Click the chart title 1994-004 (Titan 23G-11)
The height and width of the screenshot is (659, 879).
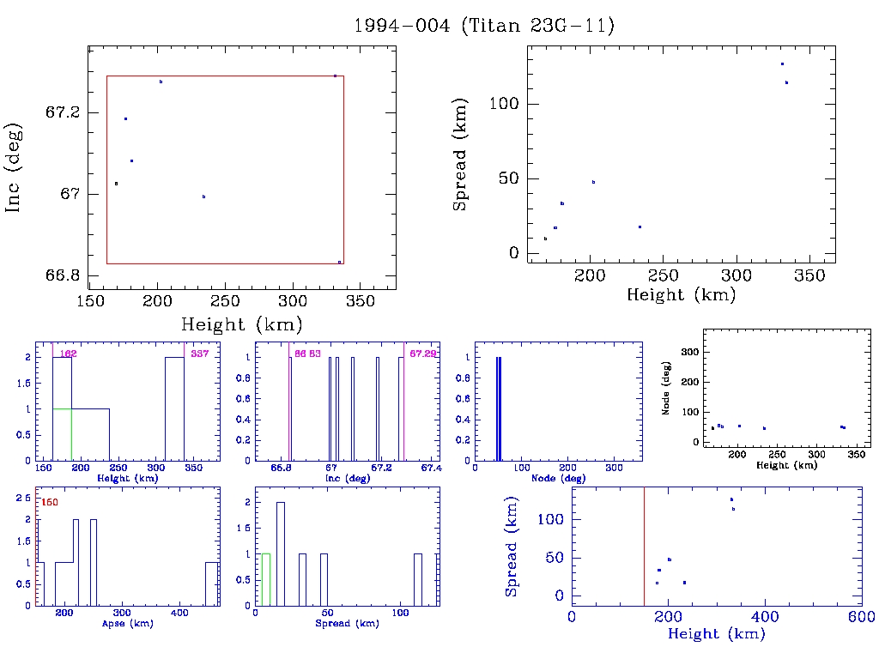(484, 26)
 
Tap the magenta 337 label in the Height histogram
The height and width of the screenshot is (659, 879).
(199, 354)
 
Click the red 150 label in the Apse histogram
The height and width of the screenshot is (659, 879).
(50, 502)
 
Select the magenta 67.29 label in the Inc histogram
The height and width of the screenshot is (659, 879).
(422, 354)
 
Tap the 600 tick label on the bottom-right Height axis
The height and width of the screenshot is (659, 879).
(861, 618)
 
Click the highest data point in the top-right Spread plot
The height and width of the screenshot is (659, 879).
(782, 64)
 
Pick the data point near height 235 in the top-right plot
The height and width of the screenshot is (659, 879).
(640, 227)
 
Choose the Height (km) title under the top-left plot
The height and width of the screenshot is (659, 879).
(241, 324)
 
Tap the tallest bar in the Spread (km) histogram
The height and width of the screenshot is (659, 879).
(280, 553)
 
